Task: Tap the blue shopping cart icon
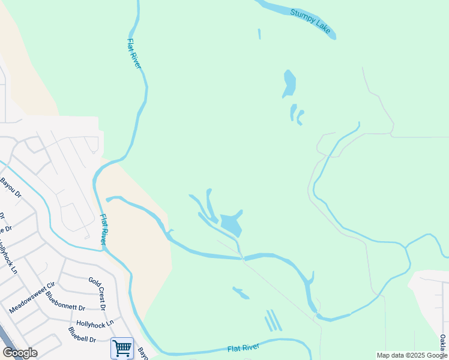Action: tap(122, 347)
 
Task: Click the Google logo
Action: tap(20, 353)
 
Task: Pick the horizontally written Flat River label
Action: tap(243, 348)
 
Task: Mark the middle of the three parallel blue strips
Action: tap(273, 320)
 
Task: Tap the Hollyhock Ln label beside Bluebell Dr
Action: tap(95, 324)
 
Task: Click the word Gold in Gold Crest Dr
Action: tap(92, 281)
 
